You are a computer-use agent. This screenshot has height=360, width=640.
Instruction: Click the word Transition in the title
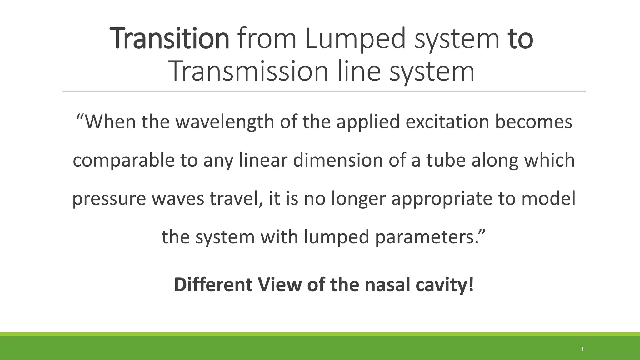(171, 38)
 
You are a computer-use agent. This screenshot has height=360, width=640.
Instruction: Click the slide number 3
(582, 349)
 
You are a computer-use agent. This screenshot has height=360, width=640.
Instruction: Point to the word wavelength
(225, 122)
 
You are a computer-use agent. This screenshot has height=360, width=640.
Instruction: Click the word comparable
(123, 160)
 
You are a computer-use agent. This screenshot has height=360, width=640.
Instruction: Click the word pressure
(109, 199)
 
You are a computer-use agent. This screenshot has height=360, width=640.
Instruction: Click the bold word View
(279, 285)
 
